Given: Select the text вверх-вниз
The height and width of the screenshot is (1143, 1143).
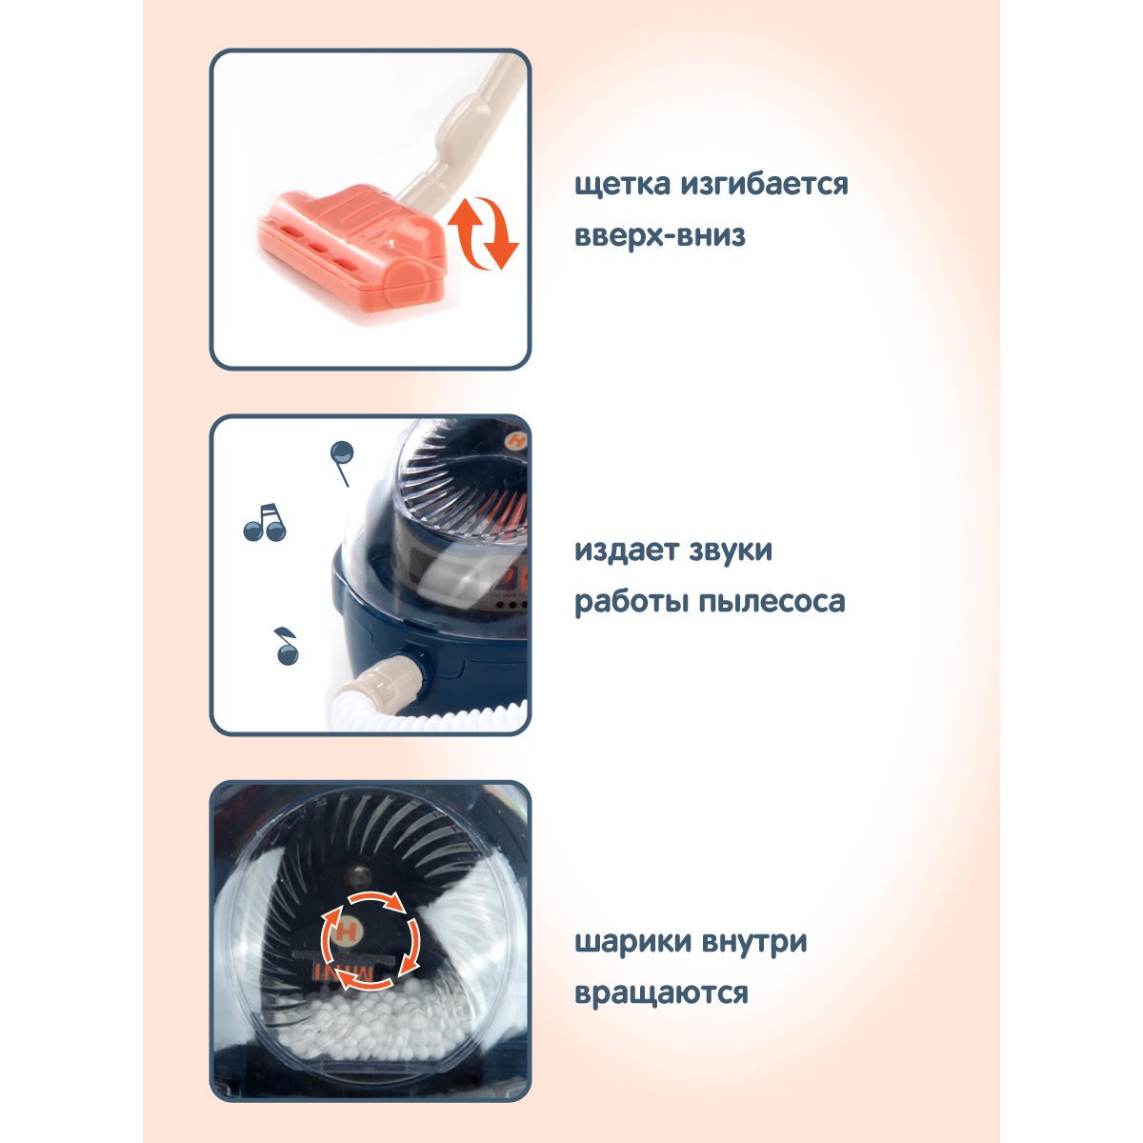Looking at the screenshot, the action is (659, 235).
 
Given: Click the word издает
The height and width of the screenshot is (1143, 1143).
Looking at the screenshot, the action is (626, 551).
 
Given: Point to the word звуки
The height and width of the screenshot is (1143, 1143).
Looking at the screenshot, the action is (731, 551).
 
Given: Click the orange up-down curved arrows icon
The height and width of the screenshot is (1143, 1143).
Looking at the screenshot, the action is (484, 233).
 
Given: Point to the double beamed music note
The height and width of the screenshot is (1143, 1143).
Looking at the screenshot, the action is (265, 522).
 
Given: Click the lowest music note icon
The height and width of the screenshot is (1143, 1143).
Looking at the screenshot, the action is (287, 647).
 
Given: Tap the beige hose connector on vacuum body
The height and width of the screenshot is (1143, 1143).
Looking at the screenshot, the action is (391, 680).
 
